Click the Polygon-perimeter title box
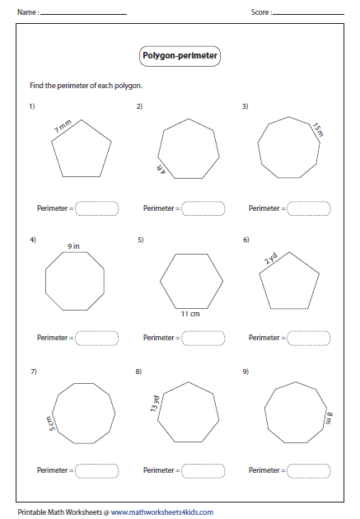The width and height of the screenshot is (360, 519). tap(180, 56)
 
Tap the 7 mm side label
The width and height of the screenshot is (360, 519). tap(63, 126)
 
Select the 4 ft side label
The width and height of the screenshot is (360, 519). tap(161, 169)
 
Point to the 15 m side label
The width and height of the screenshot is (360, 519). tap(318, 129)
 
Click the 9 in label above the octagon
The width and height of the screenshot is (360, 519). tap(73, 246)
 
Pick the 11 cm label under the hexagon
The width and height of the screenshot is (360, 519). tap(190, 314)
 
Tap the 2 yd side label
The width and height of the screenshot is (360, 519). tap(270, 258)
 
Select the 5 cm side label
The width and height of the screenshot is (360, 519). tap(51, 423)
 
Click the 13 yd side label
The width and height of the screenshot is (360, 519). tap(155, 404)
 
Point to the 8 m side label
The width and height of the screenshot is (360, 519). tap(329, 418)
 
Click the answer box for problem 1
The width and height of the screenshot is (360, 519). tap(97, 208)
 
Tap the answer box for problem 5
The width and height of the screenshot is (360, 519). tap(203, 339)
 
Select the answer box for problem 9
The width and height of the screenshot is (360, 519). tap(309, 470)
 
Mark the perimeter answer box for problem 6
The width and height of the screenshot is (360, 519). tap(309, 339)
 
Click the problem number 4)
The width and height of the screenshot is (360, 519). tap(33, 240)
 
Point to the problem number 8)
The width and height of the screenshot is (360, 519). tap(138, 372)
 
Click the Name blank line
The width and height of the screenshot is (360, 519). tap(83, 14)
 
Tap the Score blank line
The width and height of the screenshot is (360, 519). tap(309, 14)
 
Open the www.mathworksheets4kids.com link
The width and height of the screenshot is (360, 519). tap(161, 512)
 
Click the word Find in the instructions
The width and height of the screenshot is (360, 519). tap(36, 86)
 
